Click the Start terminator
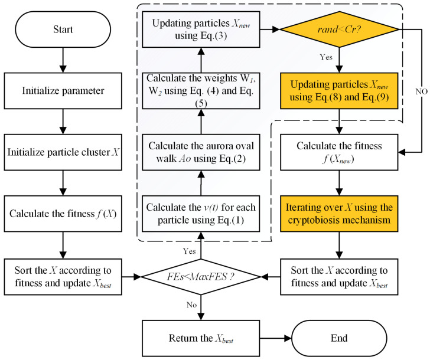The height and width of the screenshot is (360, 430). [x=63, y=30]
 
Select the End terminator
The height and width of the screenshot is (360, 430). [x=339, y=338]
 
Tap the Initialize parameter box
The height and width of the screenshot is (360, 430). [x=63, y=91]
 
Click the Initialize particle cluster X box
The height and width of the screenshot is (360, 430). [x=63, y=152]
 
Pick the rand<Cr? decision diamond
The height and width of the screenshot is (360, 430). [x=339, y=30]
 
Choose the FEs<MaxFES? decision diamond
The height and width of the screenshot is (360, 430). [x=201, y=277]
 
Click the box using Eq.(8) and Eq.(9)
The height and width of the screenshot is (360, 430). [x=339, y=91]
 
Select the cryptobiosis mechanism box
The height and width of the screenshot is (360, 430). [x=339, y=214]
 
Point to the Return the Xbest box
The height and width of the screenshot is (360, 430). [x=201, y=338]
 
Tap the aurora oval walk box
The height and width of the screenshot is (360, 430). [x=201, y=152]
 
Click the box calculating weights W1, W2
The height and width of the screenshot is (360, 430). [x=201, y=91]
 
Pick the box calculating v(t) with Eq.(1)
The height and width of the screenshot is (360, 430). [x=201, y=214]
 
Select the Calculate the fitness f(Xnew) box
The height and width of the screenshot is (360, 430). [x=339, y=152]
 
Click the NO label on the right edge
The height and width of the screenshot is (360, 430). [x=422, y=91]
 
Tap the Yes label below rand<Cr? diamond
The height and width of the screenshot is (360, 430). [x=326, y=57]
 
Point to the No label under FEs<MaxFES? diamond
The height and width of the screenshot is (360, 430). [x=192, y=305]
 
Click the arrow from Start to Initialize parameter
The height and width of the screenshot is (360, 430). [x=63, y=60]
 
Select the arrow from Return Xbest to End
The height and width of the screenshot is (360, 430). [x=276, y=338]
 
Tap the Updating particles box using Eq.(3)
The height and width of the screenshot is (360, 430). [x=201, y=30]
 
